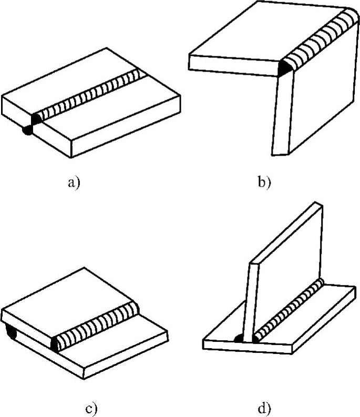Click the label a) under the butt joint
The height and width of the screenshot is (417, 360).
[x=74, y=182]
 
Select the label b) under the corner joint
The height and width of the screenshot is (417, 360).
[x=264, y=182]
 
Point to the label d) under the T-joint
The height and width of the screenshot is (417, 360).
[x=264, y=408]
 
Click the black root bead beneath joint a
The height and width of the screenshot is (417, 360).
[x=27, y=130]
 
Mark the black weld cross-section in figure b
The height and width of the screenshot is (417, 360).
[x=284, y=69]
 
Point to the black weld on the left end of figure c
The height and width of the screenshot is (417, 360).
[x=10, y=332]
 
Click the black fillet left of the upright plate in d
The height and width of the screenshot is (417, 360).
[x=239, y=338]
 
